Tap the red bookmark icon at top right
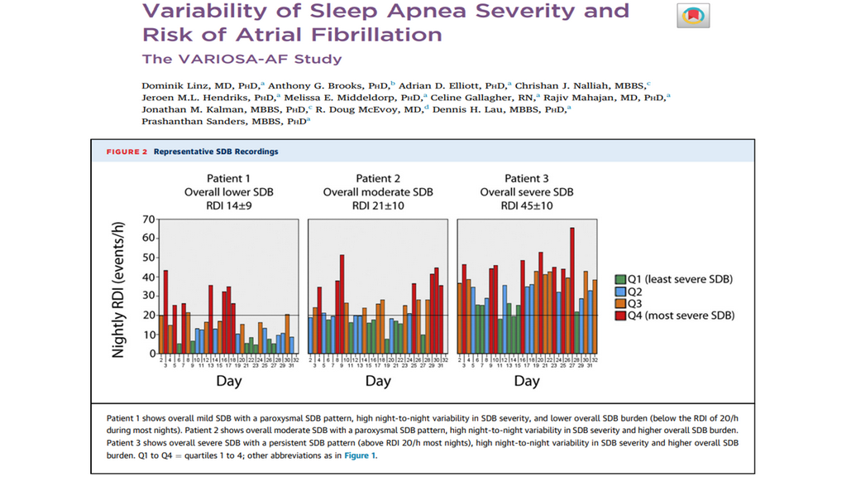coord(694,15)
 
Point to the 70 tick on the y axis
coord(149,219)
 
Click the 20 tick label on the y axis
coord(149,316)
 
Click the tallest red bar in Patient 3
coord(571,290)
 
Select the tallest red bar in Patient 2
coord(342,303)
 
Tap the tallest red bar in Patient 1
coord(165,311)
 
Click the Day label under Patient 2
coord(378,382)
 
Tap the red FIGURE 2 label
coord(127,152)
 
